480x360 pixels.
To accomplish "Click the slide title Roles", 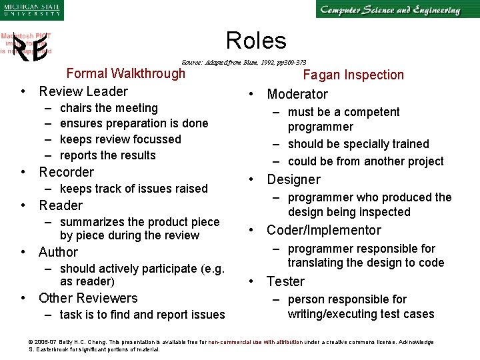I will (256, 41).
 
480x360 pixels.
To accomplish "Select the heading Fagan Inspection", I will (353, 75).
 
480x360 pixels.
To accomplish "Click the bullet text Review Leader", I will (83, 91).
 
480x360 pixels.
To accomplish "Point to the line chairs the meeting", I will (109, 108).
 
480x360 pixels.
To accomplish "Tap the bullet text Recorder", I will (66, 172).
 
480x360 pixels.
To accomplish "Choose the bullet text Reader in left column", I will (61, 205).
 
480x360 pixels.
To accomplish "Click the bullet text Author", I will (58, 252).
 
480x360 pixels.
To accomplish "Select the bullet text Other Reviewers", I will (88, 298).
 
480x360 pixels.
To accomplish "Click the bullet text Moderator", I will (297, 94).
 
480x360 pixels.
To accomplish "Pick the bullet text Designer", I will (293, 179).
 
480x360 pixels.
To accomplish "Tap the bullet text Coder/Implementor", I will (323, 230).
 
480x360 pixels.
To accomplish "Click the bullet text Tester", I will (285, 281).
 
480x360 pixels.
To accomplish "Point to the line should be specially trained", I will (358, 144).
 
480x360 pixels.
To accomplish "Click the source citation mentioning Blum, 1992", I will (244, 61).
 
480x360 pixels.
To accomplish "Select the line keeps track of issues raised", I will (133, 189).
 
